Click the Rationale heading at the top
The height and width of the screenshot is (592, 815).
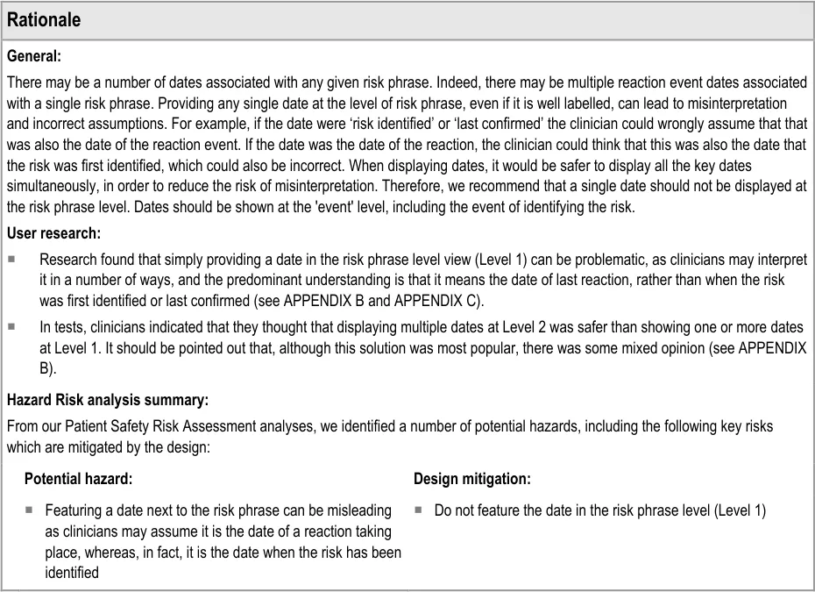click(44, 19)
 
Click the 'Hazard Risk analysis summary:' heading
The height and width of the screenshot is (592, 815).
click(107, 401)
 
